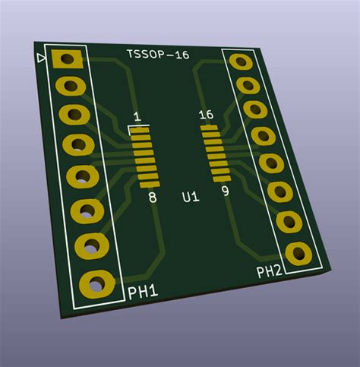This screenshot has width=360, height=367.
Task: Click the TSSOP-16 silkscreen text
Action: point(158,54)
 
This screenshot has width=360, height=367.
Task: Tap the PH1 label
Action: point(142,291)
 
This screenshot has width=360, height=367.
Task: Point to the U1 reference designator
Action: point(191,198)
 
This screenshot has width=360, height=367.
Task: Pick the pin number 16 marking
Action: point(205,115)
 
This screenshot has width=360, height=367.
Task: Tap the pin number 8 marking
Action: point(153,198)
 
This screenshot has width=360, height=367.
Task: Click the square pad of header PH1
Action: point(66,59)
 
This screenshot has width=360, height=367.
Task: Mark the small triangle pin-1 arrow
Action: point(41,58)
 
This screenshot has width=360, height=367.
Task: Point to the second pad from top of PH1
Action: point(70,86)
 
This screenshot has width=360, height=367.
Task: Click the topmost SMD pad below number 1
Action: point(139,131)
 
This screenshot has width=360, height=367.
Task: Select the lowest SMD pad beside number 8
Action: point(150,183)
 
